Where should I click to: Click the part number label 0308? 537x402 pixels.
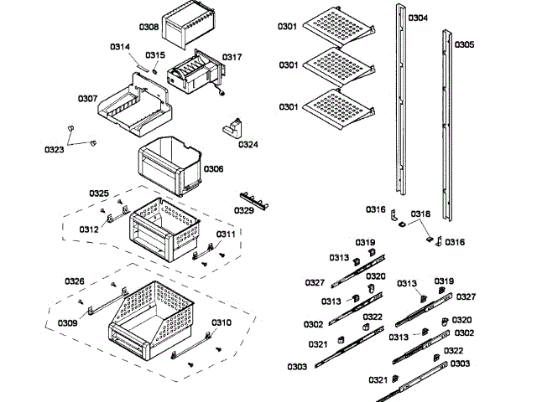pos(149,28)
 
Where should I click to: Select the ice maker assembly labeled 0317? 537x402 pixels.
pos(195,70)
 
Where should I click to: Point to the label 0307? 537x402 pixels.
pos(87,99)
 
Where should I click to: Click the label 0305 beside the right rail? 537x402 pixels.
pos(464,44)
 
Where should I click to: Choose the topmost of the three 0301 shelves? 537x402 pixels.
pos(336,25)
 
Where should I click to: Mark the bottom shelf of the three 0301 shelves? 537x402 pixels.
pos(336,110)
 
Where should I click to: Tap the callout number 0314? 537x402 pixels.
pos(120,47)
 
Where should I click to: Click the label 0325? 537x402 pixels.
pos(99,193)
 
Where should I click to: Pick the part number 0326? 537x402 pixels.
pos(75,281)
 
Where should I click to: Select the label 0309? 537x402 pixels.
pos(68,322)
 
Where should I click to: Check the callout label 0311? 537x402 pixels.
pos(226,234)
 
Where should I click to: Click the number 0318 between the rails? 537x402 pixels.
pos(420,214)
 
